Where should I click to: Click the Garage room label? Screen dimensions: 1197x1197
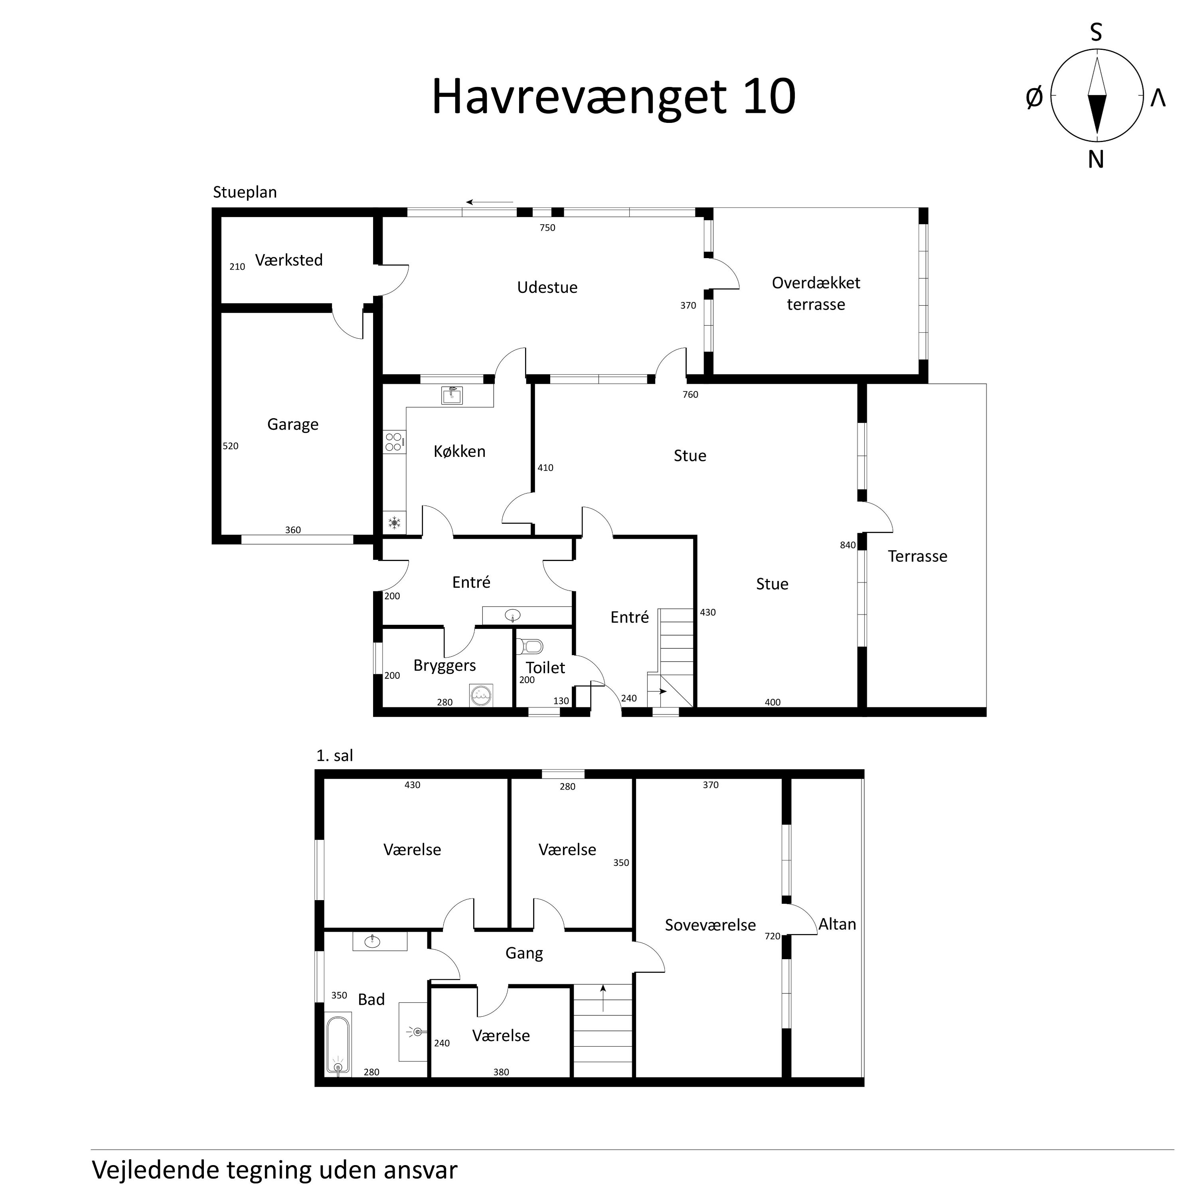(292, 425)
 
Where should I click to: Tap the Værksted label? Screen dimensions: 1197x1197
(289, 260)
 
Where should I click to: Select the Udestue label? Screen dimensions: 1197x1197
(547, 287)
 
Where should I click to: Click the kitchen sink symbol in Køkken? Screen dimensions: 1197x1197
(452, 395)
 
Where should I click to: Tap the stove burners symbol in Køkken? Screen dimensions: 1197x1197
(394, 442)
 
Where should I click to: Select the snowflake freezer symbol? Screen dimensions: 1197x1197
(394, 523)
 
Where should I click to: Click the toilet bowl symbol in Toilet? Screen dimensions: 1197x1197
(530, 647)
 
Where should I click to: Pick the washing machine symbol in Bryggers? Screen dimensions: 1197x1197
(480, 695)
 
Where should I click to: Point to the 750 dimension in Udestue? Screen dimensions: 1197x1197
(547, 228)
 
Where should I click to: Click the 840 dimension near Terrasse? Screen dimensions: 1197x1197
(847, 545)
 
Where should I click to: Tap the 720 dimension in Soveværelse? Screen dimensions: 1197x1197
(772, 936)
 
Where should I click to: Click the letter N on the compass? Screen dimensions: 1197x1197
(1095, 160)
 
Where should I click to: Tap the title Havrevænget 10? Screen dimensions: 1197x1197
(613, 97)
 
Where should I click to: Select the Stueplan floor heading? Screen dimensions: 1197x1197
(245, 192)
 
